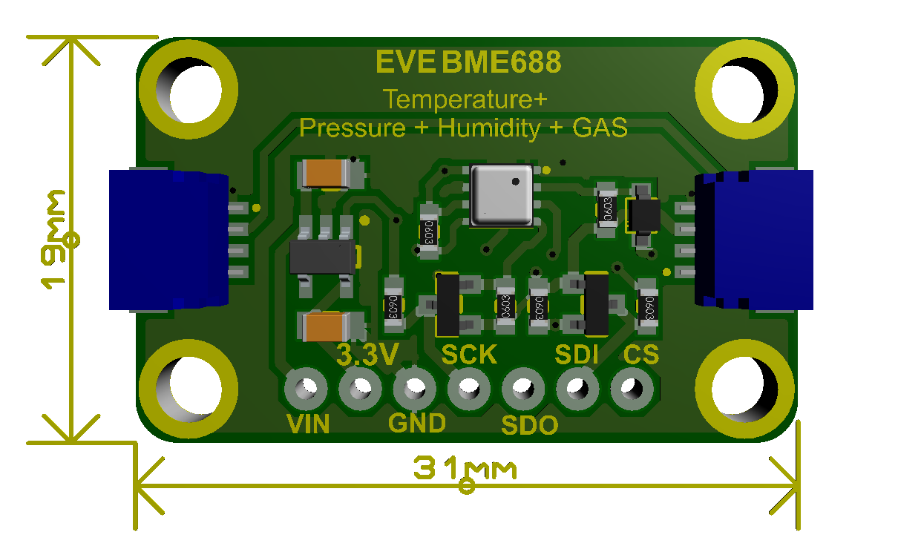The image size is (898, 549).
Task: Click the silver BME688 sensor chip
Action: [x=502, y=196]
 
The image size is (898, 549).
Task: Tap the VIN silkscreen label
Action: [x=308, y=424]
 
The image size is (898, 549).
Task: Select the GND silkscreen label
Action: [x=417, y=424]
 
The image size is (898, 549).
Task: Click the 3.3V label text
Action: [x=368, y=355]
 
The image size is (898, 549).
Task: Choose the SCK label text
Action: [x=469, y=355]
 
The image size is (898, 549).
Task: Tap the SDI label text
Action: [x=577, y=355]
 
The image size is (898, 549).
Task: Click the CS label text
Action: [x=641, y=355]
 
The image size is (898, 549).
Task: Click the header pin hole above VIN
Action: [x=306, y=388]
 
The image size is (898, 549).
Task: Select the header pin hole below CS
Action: [x=632, y=388]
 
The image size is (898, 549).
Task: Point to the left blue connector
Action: [x=167, y=240]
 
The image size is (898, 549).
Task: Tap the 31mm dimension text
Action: [x=465, y=470]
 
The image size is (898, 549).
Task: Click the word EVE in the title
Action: [x=405, y=62]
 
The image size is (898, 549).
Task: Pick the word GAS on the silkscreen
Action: [x=600, y=128]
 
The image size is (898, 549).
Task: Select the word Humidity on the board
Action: [x=490, y=128]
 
